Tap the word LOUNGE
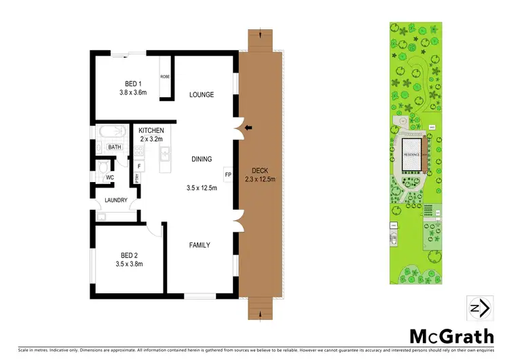pyautogui.click(x=202, y=94)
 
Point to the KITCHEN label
pyautogui.click(x=151, y=130)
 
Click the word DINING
pyautogui.click(x=202, y=159)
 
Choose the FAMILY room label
pyautogui.click(x=199, y=245)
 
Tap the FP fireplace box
pyautogui.click(x=227, y=175)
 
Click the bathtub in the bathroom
pyautogui.click(x=113, y=131)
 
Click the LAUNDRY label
pyautogui.click(x=116, y=200)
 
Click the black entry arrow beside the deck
pyautogui.click(x=248, y=127)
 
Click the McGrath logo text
pyautogui.click(x=450, y=335)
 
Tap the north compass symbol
pyautogui.click(x=478, y=308)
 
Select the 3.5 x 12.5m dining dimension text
pyautogui.click(x=202, y=187)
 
